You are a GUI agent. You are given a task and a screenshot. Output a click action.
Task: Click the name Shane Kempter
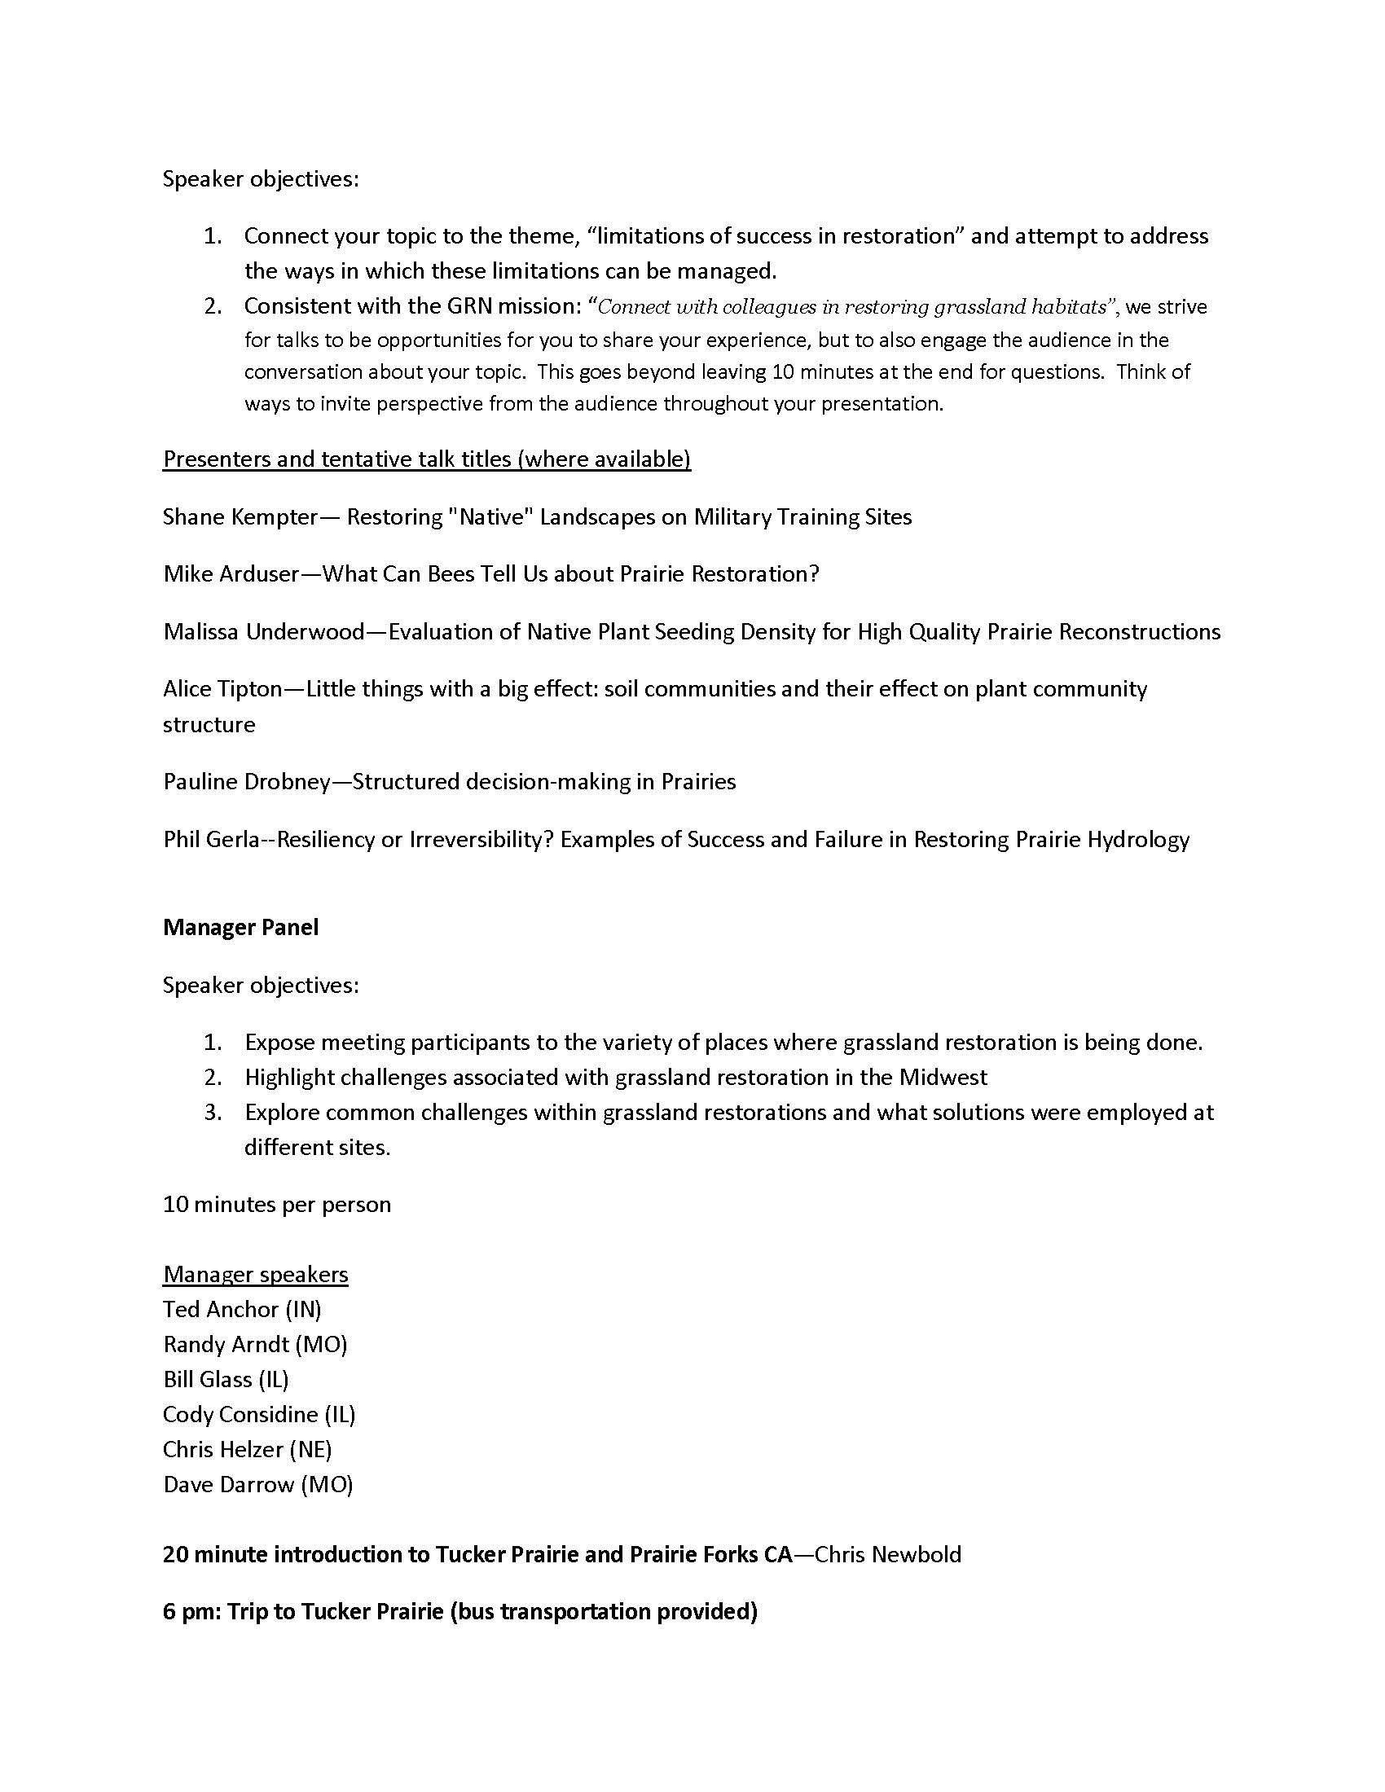[x=240, y=517]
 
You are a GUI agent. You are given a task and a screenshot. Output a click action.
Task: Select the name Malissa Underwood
[x=263, y=631]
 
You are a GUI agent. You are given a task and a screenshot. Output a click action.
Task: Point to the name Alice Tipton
[x=222, y=688]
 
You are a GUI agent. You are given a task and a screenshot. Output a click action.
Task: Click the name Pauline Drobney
[x=246, y=781]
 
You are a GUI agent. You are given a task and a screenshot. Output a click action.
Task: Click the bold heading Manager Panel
[x=240, y=927]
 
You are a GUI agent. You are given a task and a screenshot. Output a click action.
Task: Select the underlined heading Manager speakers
[x=255, y=1274]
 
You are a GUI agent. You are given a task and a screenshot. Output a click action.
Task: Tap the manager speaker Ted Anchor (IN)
[x=242, y=1309]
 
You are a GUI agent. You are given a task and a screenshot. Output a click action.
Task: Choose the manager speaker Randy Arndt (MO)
[x=255, y=1344]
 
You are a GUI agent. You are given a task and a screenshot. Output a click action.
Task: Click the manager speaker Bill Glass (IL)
[x=226, y=1379]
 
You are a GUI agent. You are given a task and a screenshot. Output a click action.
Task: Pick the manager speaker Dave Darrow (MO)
[x=257, y=1484]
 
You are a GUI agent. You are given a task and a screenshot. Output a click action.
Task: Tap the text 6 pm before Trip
[x=188, y=1612]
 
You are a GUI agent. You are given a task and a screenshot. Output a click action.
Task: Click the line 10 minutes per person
[x=276, y=1205]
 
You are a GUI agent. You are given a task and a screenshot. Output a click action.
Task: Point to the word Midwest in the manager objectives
[x=942, y=1078]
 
